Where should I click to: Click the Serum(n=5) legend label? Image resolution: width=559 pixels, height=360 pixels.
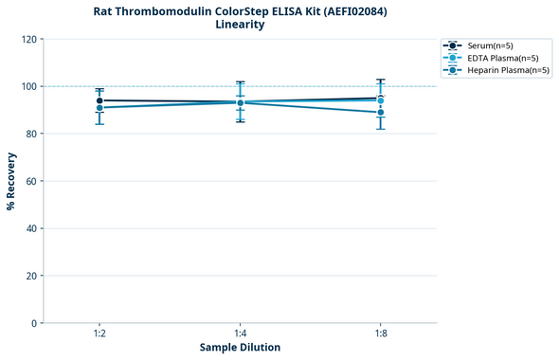(491, 45)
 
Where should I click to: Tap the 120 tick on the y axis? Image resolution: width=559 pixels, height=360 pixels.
(28, 39)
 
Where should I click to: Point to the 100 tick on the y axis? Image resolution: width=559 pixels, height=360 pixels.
(28, 86)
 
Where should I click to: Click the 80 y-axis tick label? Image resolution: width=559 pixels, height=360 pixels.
(31, 134)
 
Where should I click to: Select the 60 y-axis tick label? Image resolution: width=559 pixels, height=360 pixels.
(31, 181)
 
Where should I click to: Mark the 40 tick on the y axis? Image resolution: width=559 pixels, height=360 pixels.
(31, 228)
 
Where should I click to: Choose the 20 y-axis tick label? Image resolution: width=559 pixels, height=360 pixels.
(31, 276)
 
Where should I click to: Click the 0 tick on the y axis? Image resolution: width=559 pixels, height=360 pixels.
(34, 323)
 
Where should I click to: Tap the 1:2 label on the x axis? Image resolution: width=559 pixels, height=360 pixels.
(99, 333)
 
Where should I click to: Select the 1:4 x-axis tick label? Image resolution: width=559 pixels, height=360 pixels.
(240, 333)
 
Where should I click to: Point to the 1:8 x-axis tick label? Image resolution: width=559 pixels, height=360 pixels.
(381, 333)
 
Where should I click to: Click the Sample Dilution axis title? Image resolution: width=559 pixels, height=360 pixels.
(240, 348)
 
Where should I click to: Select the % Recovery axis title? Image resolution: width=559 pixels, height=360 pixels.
(11, 181)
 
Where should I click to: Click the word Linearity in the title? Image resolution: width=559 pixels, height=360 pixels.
(240, 25)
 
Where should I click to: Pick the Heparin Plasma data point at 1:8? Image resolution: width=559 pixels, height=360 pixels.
(381, 113)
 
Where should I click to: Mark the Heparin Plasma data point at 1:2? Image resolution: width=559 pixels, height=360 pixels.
(99, 108)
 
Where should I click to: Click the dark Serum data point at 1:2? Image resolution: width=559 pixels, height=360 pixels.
(99, 100)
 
